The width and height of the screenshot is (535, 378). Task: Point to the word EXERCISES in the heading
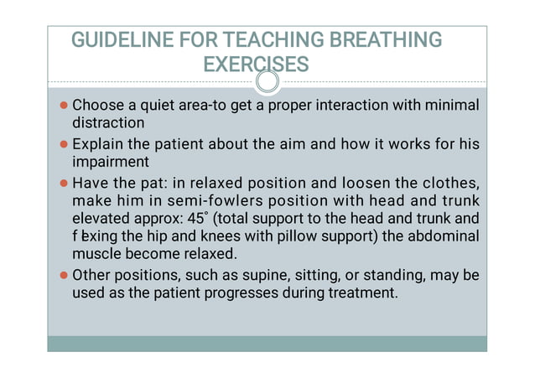[256, 64]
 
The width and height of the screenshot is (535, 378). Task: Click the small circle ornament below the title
[267, 81]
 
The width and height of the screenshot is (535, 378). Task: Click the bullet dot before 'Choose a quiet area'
[65, 106]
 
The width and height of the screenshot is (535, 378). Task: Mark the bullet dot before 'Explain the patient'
[65, 144]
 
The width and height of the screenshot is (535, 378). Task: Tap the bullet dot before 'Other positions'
[65, 276]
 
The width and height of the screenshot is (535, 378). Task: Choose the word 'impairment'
[111, 161]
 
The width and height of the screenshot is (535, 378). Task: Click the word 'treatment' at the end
[362, 293]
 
